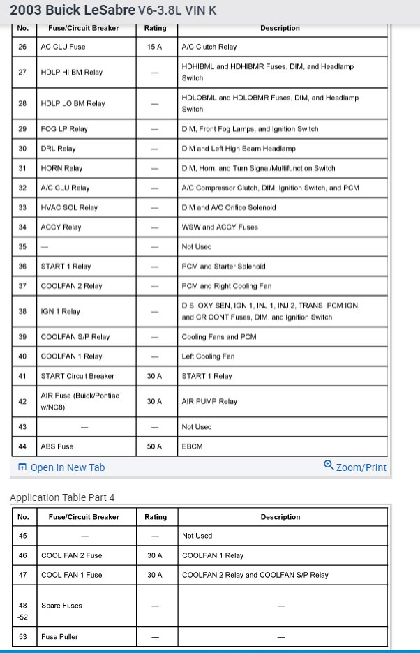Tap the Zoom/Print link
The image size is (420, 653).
355,467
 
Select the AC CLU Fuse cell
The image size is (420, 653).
63,47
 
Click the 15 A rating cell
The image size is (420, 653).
155,47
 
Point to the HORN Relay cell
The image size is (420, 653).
62,168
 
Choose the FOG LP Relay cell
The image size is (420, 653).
64,129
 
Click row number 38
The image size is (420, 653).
23,311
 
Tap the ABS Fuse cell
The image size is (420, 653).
57,446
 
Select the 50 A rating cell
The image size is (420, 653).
155,446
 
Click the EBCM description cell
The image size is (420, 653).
192,446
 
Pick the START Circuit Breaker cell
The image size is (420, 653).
77,376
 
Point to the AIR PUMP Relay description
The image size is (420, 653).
209,402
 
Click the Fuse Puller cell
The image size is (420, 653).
59,636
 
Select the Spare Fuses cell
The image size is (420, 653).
61,606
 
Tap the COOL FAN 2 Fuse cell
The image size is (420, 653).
71,555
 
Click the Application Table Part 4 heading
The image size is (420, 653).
62,497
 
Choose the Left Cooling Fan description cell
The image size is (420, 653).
208,356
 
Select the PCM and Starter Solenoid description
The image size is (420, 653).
223,267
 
